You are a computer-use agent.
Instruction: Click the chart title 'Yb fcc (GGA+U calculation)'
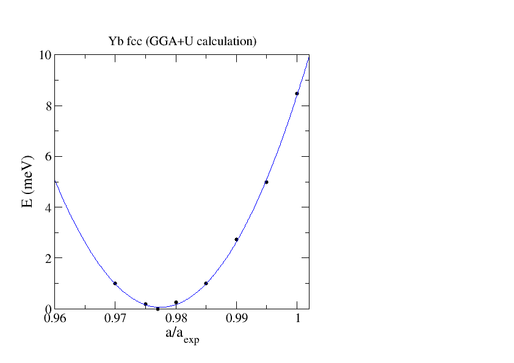pyautogui.click(x=182, y=41)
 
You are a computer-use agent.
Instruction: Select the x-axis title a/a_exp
pyautogui.click(x=181, y=335)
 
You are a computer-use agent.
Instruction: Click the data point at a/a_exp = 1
pyautogui.click(x=297, y=93)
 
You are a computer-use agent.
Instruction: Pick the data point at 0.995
pyautogui.click(x=266, y=182)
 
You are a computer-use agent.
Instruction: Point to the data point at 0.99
pyautogui.click(x=236, y=239)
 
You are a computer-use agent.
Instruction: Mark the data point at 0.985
pyautogui.click(x=206, y=283)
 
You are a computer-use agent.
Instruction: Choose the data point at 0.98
pyautogui.click(x=176, y=302)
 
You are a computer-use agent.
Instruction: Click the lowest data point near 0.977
pyautogui.click(x=157, y=309)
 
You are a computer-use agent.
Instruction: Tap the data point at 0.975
pyautogui.click(x=145, y=304)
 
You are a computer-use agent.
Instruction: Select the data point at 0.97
pyautogui.click(x=115, y=283)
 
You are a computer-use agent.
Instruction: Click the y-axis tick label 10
pyautogui.click(x=44, y=55)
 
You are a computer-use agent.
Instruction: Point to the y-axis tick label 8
pyautogui.click(x=47, y=106)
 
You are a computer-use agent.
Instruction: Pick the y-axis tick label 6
pyautogui.click(x=47, y=156)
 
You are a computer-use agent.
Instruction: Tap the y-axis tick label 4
pyautogui.click(x=47, y=207)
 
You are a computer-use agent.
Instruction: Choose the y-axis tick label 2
pyautogui.click(x=47, y=258)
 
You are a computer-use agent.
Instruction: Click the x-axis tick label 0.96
pyautogui.click(x=54, y=319)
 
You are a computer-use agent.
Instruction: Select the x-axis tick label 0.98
pyautogui.click(x=176, y=319)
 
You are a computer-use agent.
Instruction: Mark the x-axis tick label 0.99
pyautogui.click(x=236, y=319)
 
